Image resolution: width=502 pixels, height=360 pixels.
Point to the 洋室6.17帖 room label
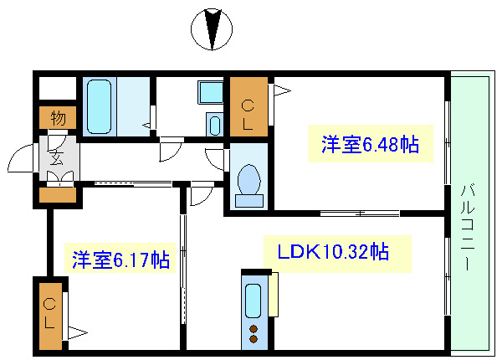point(120,260)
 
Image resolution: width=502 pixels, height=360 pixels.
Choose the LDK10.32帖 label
point(338,250)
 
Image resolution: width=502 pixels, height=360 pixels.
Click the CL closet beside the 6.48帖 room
point(248,106)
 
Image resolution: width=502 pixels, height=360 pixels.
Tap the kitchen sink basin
point(254,299)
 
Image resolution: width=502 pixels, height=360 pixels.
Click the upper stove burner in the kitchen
point(254,327)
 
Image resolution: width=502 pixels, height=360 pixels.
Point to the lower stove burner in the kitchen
point(254,339)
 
